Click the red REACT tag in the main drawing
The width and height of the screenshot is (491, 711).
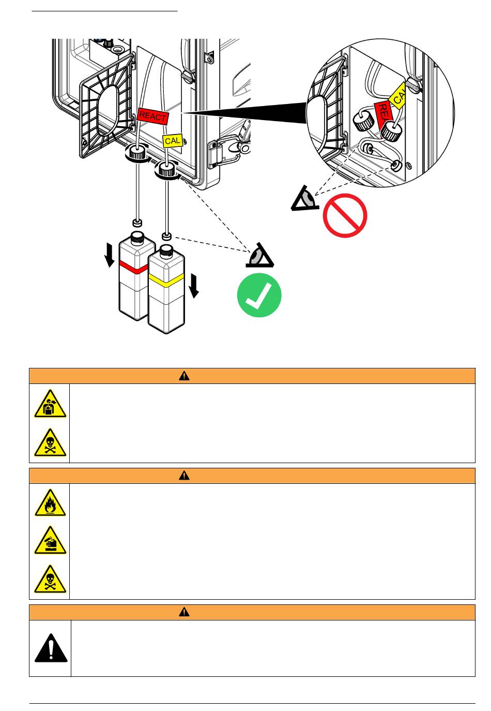click(x=152, y=116)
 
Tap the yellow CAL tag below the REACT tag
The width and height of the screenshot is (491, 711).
click(x=173, y=141)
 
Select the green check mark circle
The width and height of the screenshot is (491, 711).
click(x=259, y=295)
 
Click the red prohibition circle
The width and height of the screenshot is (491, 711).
click(x=345, y=215)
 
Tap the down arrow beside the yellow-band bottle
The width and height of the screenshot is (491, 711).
click(x=194, y=286)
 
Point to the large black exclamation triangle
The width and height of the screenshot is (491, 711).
click(x=51, y=648)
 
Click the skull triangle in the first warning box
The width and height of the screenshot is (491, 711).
click(x=50, y=443)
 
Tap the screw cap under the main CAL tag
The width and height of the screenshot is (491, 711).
click(x=166, y=169)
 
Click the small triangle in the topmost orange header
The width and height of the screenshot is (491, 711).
click(x=184, y=376)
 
